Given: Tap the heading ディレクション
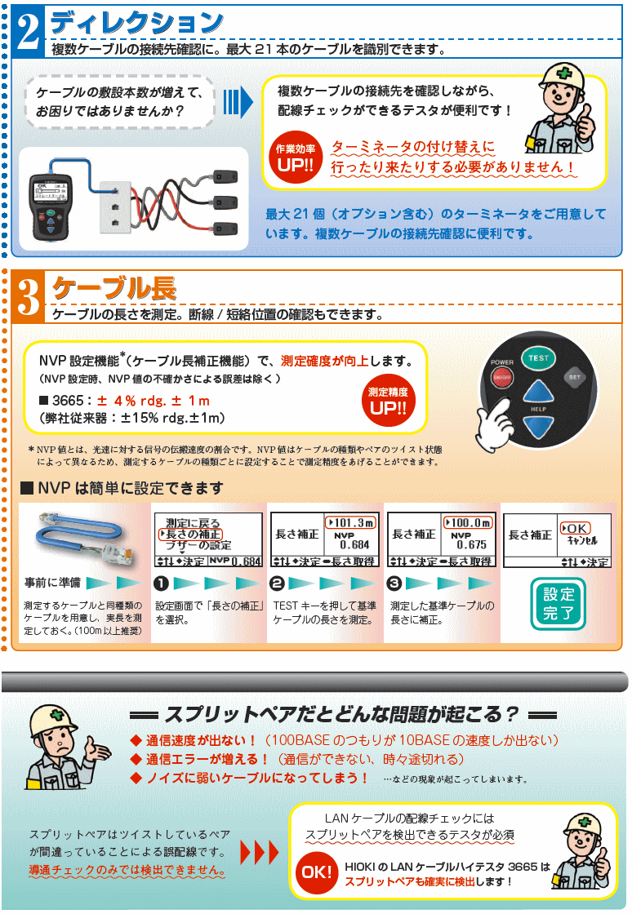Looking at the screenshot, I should [x=136, y=23].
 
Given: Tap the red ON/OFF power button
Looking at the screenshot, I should [x=501, y=376].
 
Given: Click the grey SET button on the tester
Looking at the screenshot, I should [x=574, y=376].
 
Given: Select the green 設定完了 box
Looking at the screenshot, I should [x=559, y=604].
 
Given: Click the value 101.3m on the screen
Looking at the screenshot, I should [x=351, y=522].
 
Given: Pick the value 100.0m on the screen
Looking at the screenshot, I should [x=468, y=522].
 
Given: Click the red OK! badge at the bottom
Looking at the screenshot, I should [x=317, y=872].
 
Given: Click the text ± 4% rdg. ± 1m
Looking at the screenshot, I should [x=154, y=401].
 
